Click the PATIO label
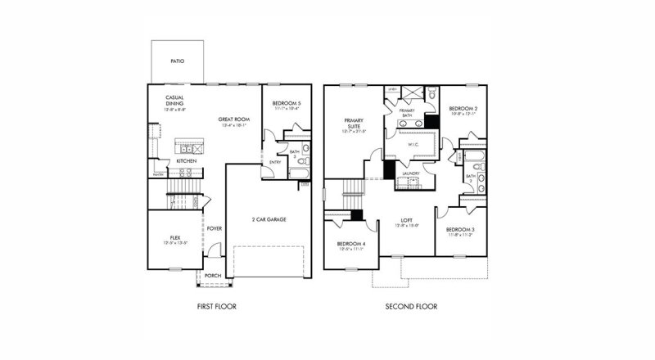tap(176, 61)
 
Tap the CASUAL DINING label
tap(175, 101)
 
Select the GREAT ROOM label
tap(233, 120)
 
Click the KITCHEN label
tap(187, 161)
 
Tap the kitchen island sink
tap(187, 149)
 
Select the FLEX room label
tap(174, 237)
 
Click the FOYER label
tap(215, 228)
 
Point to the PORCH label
tap(212, 275)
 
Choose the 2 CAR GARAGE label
tap(268, 219)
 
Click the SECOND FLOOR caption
tap(411, 307)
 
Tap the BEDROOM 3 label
tap(462, 230)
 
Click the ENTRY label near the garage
tap(275, 162)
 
